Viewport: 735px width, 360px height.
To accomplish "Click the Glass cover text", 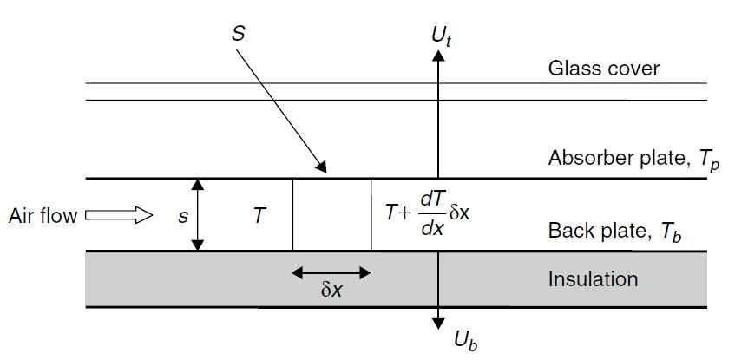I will click(604, 69).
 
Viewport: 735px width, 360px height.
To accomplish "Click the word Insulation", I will click(593, 279).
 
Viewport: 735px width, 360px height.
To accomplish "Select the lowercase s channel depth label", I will click(182, 217).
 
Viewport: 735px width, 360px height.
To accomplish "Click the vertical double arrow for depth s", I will click(198, 215).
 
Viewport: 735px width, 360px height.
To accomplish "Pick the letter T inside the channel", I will click(259, 216).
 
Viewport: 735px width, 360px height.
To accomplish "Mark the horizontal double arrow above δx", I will click(331, 272).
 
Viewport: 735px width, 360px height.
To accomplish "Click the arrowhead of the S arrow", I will click(321, 168).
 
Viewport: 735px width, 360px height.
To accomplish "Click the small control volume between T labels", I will click(331, 215).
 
